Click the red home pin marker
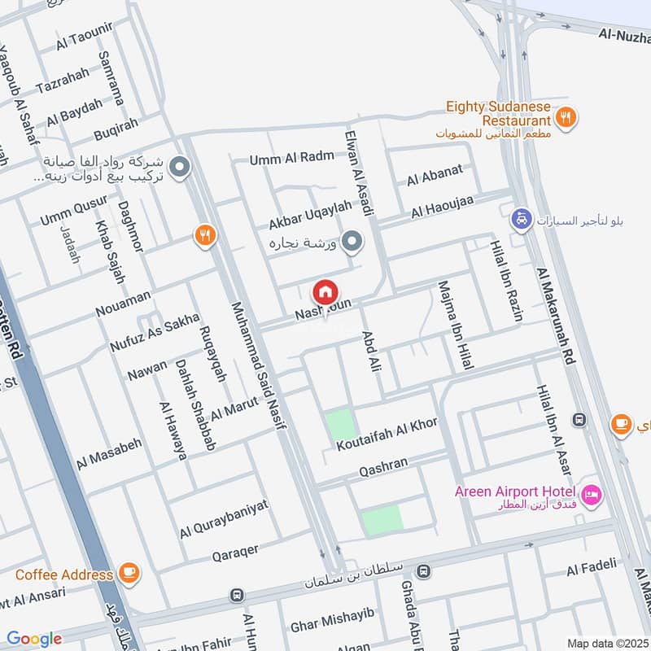325,291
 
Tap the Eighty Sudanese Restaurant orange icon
567,116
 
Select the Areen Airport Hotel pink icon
592,493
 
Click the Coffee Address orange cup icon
129,573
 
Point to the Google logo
34,639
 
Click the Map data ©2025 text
606,643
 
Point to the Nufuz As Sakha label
155,334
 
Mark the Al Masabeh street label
109,453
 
